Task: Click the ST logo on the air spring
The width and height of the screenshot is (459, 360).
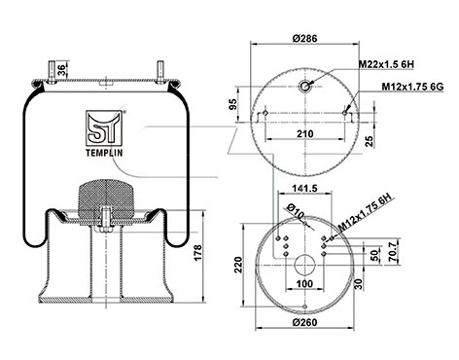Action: click(x=103, y=126)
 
